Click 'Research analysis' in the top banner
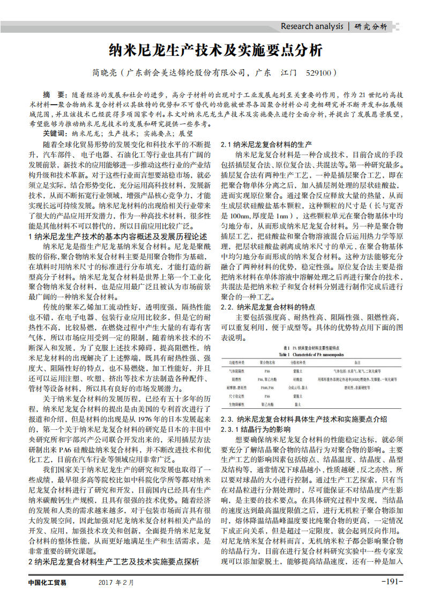point(312,26)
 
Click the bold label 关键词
point(55,133)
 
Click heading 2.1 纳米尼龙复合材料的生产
point(266,145)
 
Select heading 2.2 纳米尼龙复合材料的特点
point(268,307)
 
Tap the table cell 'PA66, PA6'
point(267,387)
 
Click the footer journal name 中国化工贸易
point(47,583)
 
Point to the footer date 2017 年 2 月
point(116,583)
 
